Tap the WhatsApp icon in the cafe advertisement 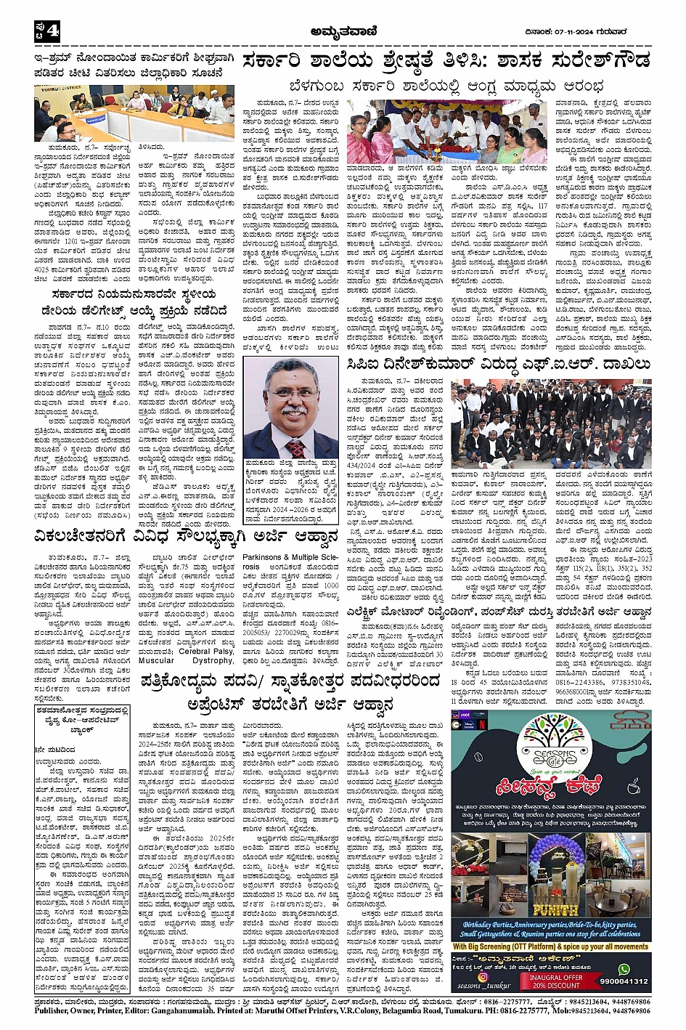pos(624,968)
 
